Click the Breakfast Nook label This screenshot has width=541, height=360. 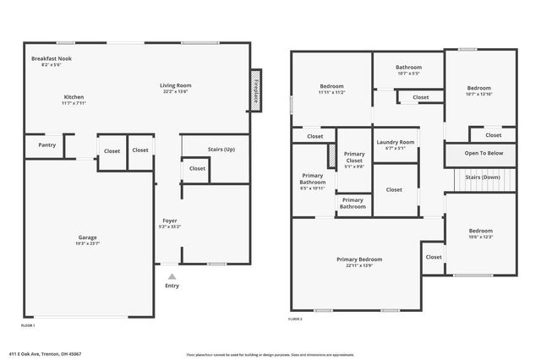tap(48, 58)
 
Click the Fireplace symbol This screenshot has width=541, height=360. tap(254, 89)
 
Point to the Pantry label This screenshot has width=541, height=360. tap(46, 145)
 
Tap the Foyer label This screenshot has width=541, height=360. tap(169, 221)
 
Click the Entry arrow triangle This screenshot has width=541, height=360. tap(172, 276)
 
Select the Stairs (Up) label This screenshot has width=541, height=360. tap(221, 150)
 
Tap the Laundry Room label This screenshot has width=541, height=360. tap(396, 142)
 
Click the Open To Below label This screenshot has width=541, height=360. tap(484, 153)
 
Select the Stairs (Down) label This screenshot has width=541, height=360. tap(484, 177)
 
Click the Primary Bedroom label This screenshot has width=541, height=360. tap(358, 259)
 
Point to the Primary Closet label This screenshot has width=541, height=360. tap(353, 155)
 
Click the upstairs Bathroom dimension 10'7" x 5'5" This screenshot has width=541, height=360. tap(408, 74)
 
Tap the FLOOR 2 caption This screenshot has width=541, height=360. tap(295, 319)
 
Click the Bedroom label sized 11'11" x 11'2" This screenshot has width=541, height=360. tap(331, 86)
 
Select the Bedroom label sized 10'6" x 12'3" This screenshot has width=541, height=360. tap(479, 231)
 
